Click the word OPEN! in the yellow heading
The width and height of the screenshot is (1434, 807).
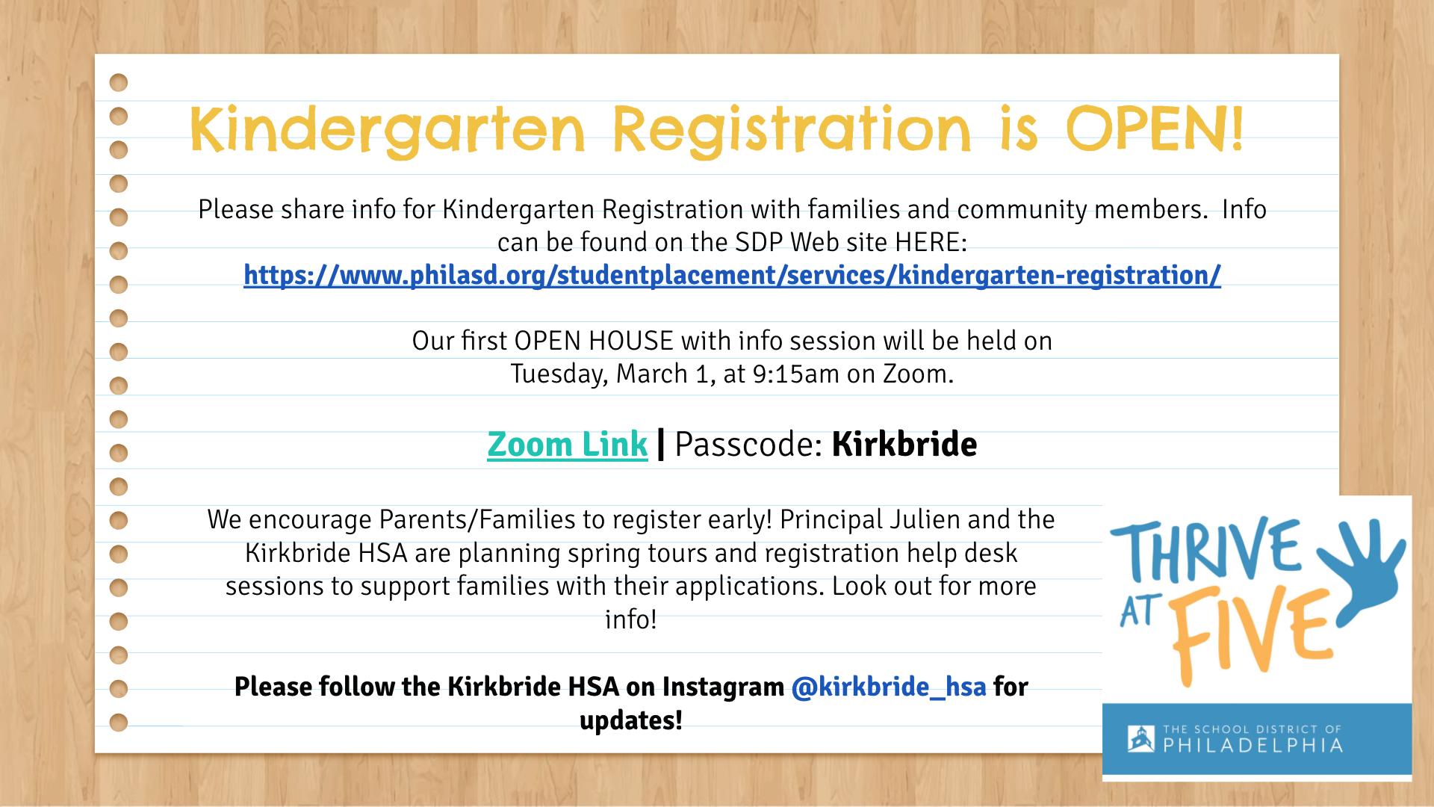[x=1155, y=129]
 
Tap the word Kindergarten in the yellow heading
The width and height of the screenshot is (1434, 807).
[x=387, y=131]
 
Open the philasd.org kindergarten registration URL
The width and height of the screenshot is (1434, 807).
[x=732, y=275]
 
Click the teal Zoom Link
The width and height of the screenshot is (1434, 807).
[x=567, y=445]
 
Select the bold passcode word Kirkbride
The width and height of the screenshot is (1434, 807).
[x=904, y=445]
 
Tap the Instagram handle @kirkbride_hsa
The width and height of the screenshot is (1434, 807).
[x=889, y=687]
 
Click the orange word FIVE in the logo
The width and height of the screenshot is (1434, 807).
[x=1251, y=635]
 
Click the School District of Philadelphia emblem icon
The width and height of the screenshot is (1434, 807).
[x=1140, y=739]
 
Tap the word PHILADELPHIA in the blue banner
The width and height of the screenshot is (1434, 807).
[x=1253, y=746]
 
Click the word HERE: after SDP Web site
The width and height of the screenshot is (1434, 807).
[x=931, y=242]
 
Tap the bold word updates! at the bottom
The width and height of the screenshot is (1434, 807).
[x=631, y=721]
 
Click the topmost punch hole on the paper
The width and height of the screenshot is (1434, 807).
[x=119, y=82]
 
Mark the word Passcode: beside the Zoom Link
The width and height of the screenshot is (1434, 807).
[x=748, y=445]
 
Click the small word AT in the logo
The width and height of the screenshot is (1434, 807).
[x=1140, y=611]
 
